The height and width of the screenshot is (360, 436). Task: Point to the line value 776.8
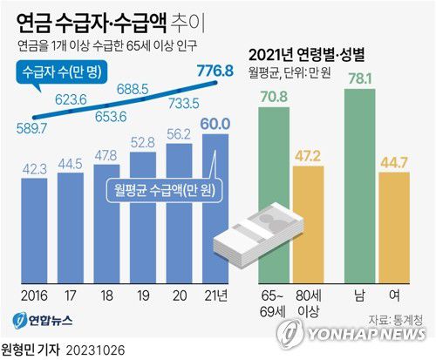pos(215,71)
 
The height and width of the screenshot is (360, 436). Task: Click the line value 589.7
pos(34,129)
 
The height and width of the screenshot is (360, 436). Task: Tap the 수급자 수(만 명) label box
pos(60,76)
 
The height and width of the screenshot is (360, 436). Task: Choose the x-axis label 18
pos(106,295)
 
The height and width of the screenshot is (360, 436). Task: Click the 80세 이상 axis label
pos(310,302)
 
